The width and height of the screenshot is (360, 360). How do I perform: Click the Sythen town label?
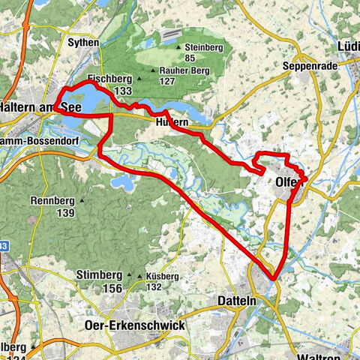click(83, 43)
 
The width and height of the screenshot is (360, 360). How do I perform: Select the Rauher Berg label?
click(181, 72)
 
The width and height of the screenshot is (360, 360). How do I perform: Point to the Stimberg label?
click(99, 275)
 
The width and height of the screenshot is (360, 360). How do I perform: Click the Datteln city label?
click(217, 300)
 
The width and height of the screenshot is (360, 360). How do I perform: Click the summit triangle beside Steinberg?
click(178, 48)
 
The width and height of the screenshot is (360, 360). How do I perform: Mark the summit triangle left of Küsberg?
click(139, 276)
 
